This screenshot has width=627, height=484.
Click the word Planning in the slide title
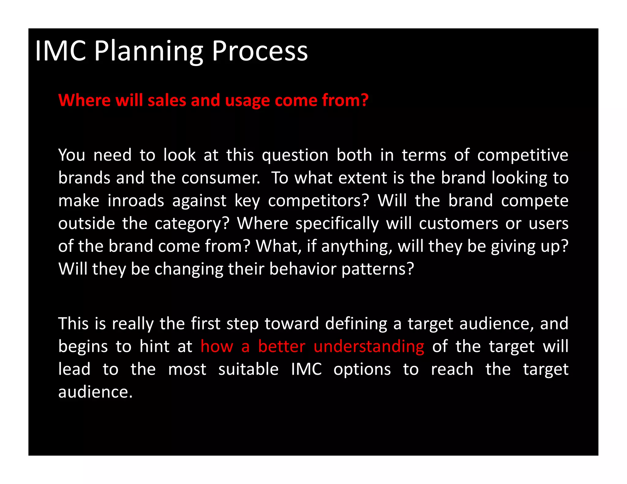pyautogui.click(x=148, y=51)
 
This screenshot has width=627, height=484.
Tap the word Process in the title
pyautogui.click(x=260, y=51)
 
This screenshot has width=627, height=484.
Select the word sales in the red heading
pyautogui.click(x=167, y=100)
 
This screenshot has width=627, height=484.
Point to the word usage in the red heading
pyautogui.click(x=248, y=101)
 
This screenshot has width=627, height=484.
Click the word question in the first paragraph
pyautogui.click(x=295, y=155)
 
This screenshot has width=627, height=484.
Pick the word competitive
pyautogui.click(x=523, y=155)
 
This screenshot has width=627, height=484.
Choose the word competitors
pyautogui.click(x=319, y=201)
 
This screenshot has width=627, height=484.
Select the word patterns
pyautogui.click(x=377, y=269)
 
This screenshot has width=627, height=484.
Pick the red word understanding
pyautogui.click(x=369, y=347)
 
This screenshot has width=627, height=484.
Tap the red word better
pyautogui.click(x=282, y=346)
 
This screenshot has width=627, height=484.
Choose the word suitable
pyautogui.click(x=248, y=369)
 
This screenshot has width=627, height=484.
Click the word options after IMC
pyautogui.click(x=362, y=370)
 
